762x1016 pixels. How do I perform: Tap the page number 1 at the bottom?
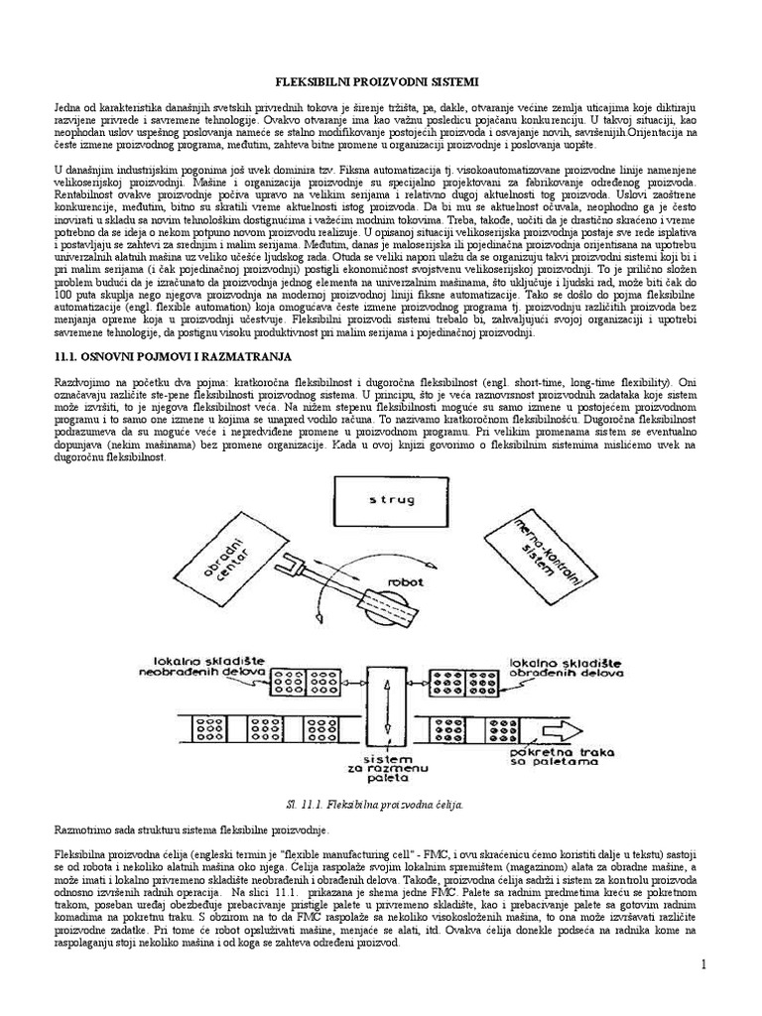731,995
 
